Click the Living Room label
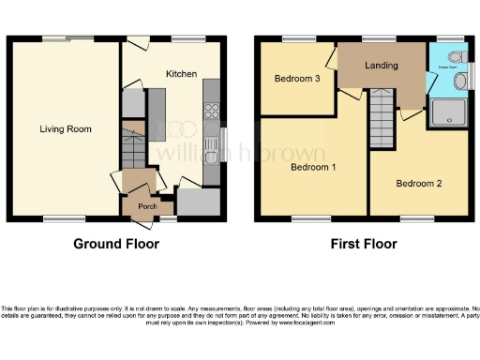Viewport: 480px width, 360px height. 65,129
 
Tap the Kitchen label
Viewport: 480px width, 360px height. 181,73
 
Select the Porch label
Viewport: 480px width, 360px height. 147,206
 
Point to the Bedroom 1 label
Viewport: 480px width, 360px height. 313,168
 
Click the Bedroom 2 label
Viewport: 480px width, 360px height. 419,183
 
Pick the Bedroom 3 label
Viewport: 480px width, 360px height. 298,80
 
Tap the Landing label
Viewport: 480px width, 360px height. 382,66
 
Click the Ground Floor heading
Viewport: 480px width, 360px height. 116,245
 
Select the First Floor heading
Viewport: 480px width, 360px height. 363,245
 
